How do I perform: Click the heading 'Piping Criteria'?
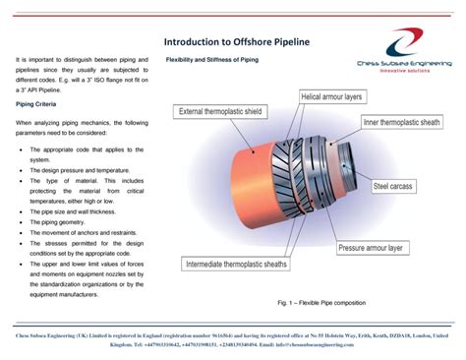37,103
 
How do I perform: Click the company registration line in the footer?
233,335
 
